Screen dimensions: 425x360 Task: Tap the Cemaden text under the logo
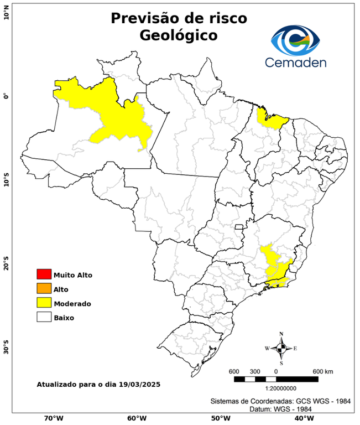296,62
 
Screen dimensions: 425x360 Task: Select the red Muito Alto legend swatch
44,274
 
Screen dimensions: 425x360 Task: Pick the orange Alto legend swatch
44,289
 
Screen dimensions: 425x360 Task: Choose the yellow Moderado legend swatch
44,303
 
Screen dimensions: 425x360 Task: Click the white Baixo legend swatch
44,318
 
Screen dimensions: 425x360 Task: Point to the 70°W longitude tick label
53,418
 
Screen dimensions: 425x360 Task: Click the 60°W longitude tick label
137,418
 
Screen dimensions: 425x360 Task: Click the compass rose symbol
281,348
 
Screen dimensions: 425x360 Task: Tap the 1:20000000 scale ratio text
275,388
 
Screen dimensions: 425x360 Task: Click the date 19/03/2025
140,384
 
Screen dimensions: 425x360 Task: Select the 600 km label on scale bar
323,371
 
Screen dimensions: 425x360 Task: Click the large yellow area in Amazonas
116,116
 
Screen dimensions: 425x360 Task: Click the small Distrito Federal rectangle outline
239,227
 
